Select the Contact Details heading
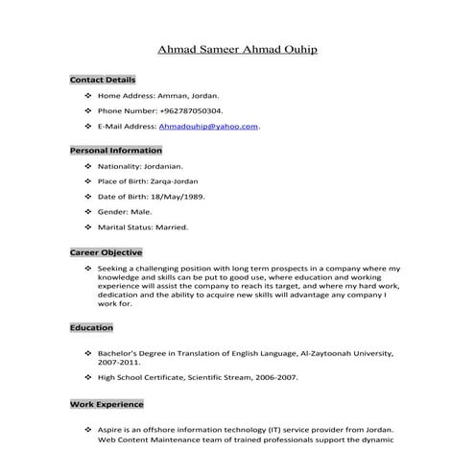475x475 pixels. click(x=103, y=80)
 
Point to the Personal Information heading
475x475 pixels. click(x=115, y=151)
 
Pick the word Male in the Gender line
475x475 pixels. click(x=141, y=212)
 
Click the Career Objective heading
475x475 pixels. click(x=106, y=252)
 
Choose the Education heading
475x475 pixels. click(x=91, y=328)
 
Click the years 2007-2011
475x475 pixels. click(x=119, y=364)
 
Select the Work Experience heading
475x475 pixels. click(x=107, y=404)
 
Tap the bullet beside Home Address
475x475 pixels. click(x=88, y=96)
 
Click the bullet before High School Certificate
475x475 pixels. click(x=88, y=378)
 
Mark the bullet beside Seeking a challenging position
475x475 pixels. click(x=88, y=268)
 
